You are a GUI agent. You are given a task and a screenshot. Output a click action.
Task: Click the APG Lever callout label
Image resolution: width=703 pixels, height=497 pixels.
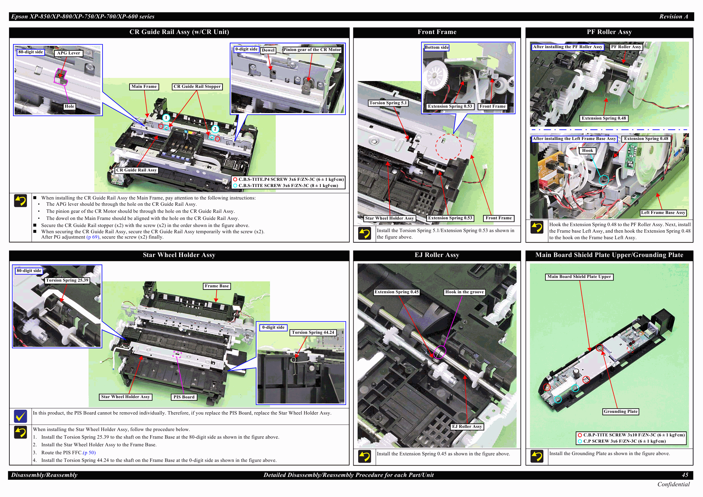pyautogui.click(x=68, y=53)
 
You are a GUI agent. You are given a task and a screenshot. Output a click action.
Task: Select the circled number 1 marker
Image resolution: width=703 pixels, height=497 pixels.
pyautogui.click(x=166, y=118)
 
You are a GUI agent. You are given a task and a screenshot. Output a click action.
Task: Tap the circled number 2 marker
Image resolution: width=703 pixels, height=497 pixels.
pyautogui.click(x=215, y=129)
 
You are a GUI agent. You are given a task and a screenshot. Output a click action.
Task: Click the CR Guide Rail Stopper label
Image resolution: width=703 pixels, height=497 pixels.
pyautogui.click(x=197, y=87)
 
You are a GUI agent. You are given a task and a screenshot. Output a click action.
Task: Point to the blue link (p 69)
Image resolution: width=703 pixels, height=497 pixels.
pyautogui.click(x=93, y=237)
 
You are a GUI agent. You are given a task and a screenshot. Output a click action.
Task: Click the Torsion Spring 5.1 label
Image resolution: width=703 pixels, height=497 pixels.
pyautogui.click(x=388, y=103)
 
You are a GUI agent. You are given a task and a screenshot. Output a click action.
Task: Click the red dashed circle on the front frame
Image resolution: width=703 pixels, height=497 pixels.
pyautogui.click(x=448, y=147)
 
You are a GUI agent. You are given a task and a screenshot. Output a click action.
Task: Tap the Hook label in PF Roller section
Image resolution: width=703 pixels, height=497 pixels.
pyautogui.click(x=587, y=151)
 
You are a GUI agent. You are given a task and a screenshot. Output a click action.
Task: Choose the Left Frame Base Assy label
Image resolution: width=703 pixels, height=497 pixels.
pyautogui.click(x=663, y=213)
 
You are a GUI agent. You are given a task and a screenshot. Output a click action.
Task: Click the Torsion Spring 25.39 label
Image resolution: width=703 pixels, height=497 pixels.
pyautogui.click(x=67, y=281)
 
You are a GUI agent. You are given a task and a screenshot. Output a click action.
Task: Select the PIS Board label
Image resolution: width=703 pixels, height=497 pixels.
pyautogui.click(x=184, y=397)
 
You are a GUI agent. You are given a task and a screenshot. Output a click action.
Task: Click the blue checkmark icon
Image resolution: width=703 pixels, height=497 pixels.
pyautogui.click(x=20, y=416)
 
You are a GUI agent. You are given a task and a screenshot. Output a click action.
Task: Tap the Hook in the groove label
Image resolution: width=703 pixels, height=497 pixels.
pyautogui.click(x=464, y=292)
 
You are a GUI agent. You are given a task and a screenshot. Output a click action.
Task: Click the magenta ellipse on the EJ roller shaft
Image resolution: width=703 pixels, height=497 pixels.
pyautogui.click(x=439, y=352)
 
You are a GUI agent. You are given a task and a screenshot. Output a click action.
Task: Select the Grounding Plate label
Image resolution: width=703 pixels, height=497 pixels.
pyautogui.click(x=620, y=411)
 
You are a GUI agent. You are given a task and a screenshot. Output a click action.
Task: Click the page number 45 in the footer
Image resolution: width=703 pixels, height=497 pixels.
pyautogui.click(x=685, y=475)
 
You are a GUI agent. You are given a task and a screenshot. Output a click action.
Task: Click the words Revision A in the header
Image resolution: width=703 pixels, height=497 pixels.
pyautogui.click(x=673, y=16)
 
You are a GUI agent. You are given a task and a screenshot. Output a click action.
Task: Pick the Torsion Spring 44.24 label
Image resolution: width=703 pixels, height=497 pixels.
pyautogui.click(x=313, y=333)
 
